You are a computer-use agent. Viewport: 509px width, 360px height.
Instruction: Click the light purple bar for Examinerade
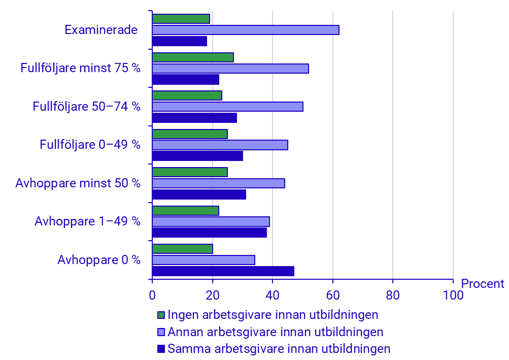(246, 30)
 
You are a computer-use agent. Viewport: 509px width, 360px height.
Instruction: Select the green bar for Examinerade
(181, 19)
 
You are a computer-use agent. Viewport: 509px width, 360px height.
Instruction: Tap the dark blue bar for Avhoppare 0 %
(223, 271)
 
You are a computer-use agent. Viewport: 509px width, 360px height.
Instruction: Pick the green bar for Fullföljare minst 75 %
(193, 57)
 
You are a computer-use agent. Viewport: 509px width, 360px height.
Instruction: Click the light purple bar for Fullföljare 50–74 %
(228, 107)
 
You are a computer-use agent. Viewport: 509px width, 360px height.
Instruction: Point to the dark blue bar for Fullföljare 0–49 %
(197, 156)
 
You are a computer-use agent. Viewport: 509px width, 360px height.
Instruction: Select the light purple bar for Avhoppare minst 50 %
(219, 183)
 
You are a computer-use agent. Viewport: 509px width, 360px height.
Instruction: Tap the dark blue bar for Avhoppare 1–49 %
(210, 233)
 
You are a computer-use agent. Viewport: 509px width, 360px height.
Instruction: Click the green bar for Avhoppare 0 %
(183, 249)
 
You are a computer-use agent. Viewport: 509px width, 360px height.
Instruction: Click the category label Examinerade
(101, 30)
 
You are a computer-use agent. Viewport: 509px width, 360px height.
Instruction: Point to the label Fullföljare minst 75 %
(80, 68)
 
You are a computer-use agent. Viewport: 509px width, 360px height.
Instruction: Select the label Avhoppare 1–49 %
(87, 221)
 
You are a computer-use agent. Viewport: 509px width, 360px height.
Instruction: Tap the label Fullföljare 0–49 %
(90, 145)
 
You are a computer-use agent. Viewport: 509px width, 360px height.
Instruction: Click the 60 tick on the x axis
(333, 294)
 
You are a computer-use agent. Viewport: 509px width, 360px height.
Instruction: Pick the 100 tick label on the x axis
(453, 294)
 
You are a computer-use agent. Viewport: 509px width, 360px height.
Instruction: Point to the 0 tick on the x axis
(152, 294)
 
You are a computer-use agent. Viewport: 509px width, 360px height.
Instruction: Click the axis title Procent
(483, 284)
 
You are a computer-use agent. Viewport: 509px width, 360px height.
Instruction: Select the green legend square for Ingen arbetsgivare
(161, 315)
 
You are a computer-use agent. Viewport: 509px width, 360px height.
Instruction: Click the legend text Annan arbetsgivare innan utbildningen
(275, 332)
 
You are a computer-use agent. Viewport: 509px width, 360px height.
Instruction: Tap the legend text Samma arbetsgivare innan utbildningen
(279, 349)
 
